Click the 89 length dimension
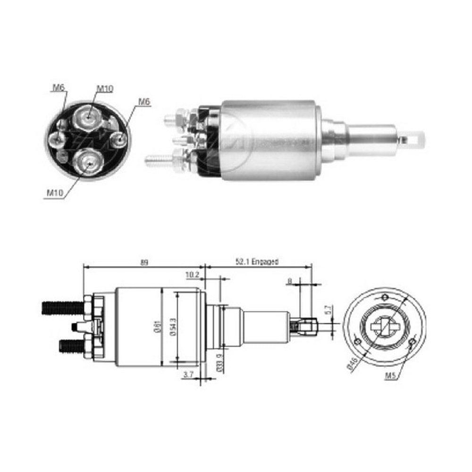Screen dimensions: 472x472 point(144,262)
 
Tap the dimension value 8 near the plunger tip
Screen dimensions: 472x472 point(289,281)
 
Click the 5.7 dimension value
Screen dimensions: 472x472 point(327,311)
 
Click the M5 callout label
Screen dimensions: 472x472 point(389,376)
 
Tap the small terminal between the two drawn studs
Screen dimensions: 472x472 point(76,327)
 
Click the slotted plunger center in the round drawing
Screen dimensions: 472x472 point(384,327)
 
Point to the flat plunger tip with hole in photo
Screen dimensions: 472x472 point(416,139)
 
